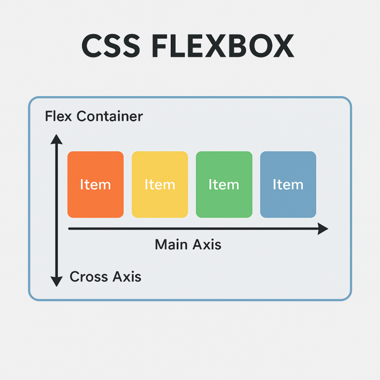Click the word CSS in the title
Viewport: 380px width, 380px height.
click(111, 46)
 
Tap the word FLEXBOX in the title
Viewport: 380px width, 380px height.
click(223, 46)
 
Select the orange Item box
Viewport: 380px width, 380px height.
click(95, 185)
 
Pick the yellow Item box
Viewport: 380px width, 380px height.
click(160, 185)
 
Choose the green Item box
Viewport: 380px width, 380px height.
click(224, 185)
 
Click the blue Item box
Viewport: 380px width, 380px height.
click(288, 185)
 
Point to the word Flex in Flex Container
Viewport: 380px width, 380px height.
click(58, 116)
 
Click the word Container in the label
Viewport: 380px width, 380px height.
click(110, 116)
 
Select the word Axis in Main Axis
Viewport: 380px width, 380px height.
click(207, 244)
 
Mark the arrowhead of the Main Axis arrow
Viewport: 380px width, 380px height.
click(323, 229)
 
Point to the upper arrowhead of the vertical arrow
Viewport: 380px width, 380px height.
click(56, 140)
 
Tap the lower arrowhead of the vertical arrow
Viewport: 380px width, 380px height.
click(56, 282)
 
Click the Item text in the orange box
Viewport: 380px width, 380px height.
click(95, 185)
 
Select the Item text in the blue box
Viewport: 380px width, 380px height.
click(288, 185)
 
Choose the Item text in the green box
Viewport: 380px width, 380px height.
click(224, 185)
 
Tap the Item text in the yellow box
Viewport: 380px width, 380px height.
click(160, 185)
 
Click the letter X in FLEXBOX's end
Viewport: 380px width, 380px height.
click(284, 46)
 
